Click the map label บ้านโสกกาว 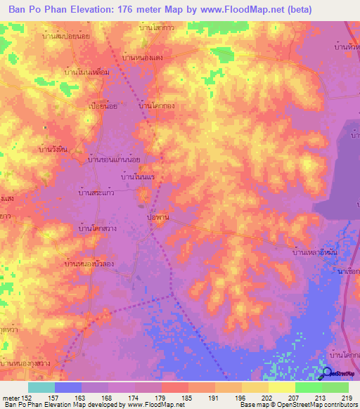pyautogui.click(x=157, y=27)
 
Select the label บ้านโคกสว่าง pyautogui.click(x=98, y=228)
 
